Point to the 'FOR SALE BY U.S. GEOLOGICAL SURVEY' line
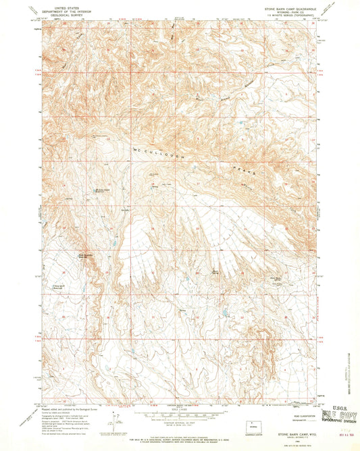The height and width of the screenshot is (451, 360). tap(180, 434)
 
